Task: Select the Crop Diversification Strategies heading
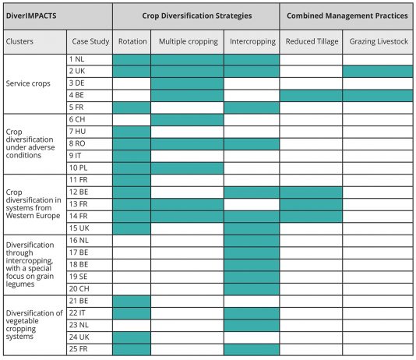(x=197, y=16)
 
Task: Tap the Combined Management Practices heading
(x=347, y=16)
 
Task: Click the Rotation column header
(x=132, y=41)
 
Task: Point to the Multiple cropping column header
(x=189, y=41)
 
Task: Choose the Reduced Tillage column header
(x=312, y=41)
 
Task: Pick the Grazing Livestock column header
(x=379, y=41)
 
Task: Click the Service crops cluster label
(x=28, y=83)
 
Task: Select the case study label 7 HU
(x=77, y=132)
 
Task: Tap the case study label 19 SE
(x=78, y=277)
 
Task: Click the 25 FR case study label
(x=78, y=349)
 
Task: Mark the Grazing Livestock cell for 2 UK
(x=378, y=72)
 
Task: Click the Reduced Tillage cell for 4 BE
(x=311, y=96)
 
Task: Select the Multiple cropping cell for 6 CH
(x=187, y=120)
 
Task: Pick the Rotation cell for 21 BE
(x=132, y=302)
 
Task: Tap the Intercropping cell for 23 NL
(x=252, y=326)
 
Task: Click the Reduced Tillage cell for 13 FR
(x=311, y=204)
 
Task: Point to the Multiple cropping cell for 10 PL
(x=187, y=168)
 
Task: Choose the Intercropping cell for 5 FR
(x=252, y=108)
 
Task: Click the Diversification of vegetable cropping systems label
(x=34, y=325)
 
